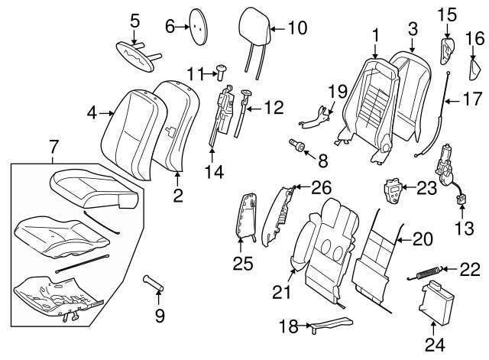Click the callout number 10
tap(296, 28)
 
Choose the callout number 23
tap(426, 186)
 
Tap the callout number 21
tap(281, 291)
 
